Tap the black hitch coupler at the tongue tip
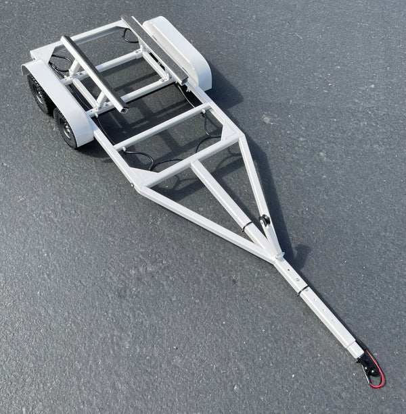369,365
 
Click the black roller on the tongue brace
265,219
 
